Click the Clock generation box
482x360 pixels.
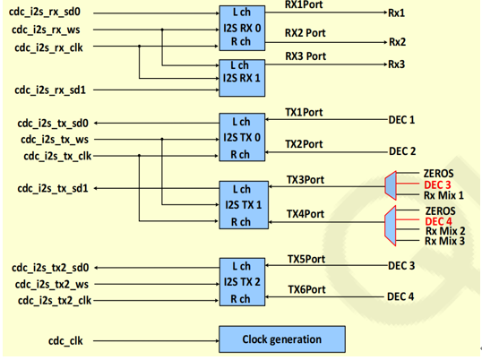(x=281, y=339)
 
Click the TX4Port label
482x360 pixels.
(x=305, y=214)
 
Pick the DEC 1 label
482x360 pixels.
(x=401, y=119)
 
